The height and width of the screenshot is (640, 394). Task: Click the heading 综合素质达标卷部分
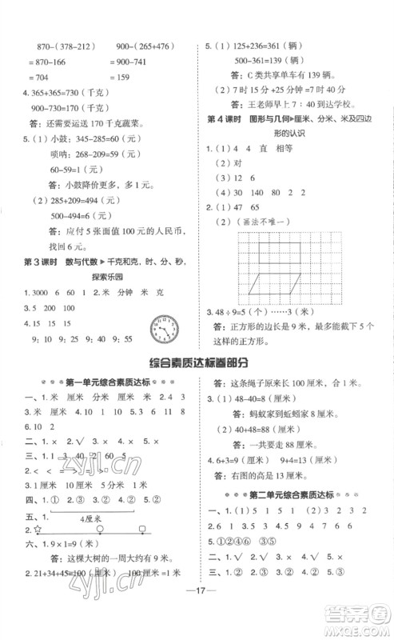click(197, 361)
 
